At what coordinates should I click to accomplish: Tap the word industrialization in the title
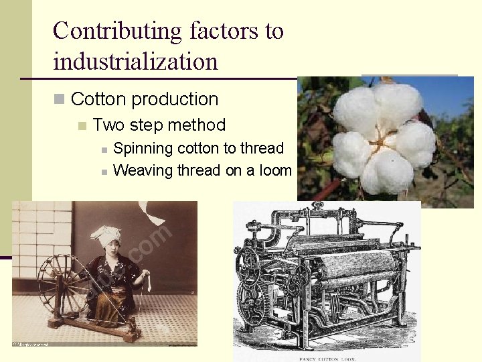coord(135,62)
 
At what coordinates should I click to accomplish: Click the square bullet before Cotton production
coord(59,100)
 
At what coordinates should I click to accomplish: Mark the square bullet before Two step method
coord(82,125)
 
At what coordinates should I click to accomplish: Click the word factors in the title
coord(228,32)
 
